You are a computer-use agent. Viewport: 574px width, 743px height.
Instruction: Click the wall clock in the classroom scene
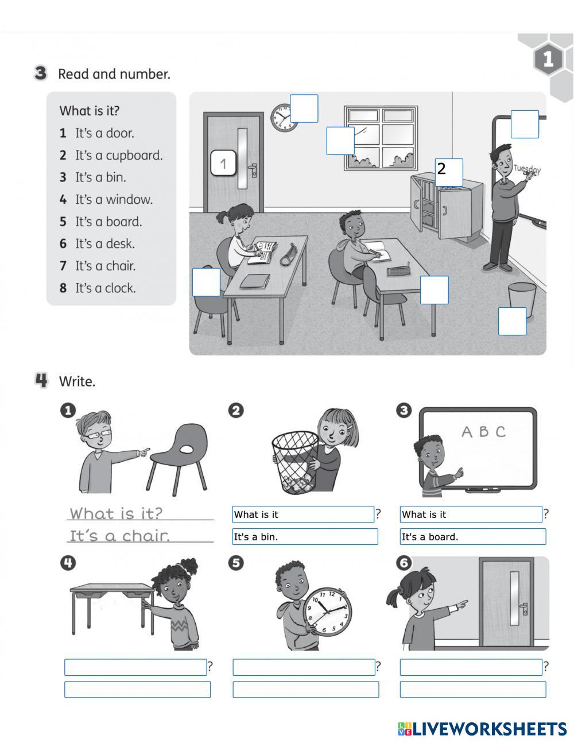tap(282, 117)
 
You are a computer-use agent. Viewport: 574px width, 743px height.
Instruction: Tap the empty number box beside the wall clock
tap(304, 109)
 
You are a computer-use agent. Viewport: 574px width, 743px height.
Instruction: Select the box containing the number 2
tap(448, 172)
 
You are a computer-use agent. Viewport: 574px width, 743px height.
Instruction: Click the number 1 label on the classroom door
tap(224, 164)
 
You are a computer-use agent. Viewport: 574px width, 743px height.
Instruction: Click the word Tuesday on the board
tap(527, 169)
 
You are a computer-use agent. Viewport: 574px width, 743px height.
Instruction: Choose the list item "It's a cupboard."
tap(118, 155)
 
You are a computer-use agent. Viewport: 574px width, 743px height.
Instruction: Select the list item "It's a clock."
tap(105, 288)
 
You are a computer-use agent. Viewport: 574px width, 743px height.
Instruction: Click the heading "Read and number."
tap(114, 74)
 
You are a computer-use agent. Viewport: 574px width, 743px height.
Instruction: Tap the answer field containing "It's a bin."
tap(305, 537)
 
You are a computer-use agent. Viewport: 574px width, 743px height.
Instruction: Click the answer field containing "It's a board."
tap(472, 537)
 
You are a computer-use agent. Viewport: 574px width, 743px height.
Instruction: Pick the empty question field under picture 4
tap(135, 667)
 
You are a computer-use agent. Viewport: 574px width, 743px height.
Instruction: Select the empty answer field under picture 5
tap(305, 689)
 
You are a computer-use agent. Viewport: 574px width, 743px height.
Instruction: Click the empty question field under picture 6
tap(471, 667)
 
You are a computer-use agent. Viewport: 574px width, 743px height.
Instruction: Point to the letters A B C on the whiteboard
tap(483, 432)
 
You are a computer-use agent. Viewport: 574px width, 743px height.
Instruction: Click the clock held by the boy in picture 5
tap(327, 612)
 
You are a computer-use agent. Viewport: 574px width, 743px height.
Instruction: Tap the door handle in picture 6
tap(522, 607)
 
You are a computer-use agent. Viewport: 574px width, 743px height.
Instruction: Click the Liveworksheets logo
tap(482, 729)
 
